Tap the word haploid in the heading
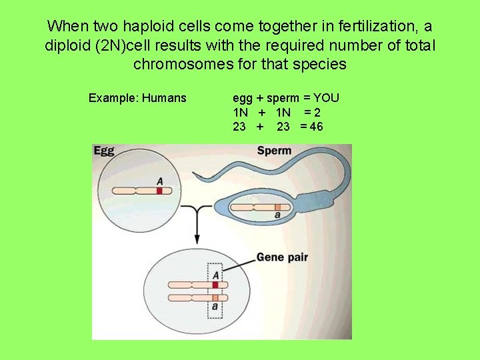(129, 27)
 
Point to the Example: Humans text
(137, 99)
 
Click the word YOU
(326, 99)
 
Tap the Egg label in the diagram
(105, 151)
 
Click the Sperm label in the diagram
(274, 151)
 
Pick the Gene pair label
(282, 257)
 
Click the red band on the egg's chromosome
(160, 191)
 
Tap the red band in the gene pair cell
(215, 285)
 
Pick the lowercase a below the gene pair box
(215, 307)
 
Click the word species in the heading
(323, 65)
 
